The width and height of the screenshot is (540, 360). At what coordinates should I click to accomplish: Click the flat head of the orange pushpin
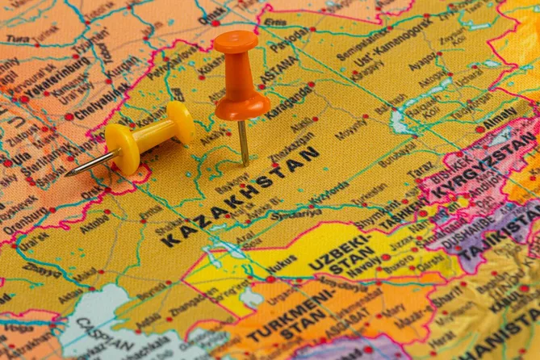pos(236,41)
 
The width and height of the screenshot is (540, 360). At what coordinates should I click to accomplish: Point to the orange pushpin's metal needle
pos(243,142)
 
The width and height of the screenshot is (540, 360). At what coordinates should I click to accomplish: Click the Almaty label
pos(500,116)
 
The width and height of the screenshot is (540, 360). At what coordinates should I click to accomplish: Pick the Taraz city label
pos(420,170)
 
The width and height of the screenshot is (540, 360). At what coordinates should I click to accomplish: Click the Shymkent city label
pos(376,218)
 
